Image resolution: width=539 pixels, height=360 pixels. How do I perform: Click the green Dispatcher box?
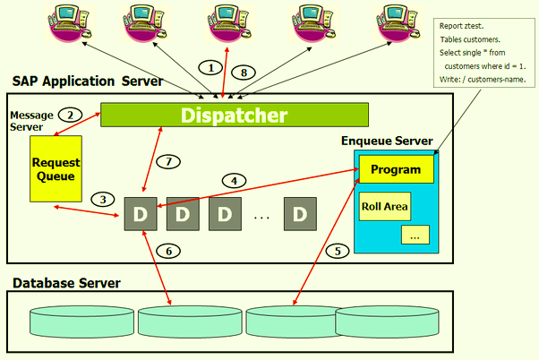coord(234,116)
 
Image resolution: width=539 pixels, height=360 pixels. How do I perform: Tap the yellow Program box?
coord(395,169)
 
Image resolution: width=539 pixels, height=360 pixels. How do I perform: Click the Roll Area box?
coord(384,207)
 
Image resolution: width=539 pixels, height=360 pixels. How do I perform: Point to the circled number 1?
coord(210,68)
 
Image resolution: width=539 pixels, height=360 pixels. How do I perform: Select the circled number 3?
coord(107,199)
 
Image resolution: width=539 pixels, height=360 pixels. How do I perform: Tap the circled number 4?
coord(234,180)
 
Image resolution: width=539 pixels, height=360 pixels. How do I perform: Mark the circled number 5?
coord(337,251)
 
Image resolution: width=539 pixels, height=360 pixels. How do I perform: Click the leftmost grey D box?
coord(140,215)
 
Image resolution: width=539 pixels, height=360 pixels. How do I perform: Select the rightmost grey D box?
coord(300,215)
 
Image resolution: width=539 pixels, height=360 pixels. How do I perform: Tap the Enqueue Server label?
coord(387,141)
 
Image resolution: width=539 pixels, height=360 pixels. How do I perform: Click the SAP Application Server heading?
coord(87,81)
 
